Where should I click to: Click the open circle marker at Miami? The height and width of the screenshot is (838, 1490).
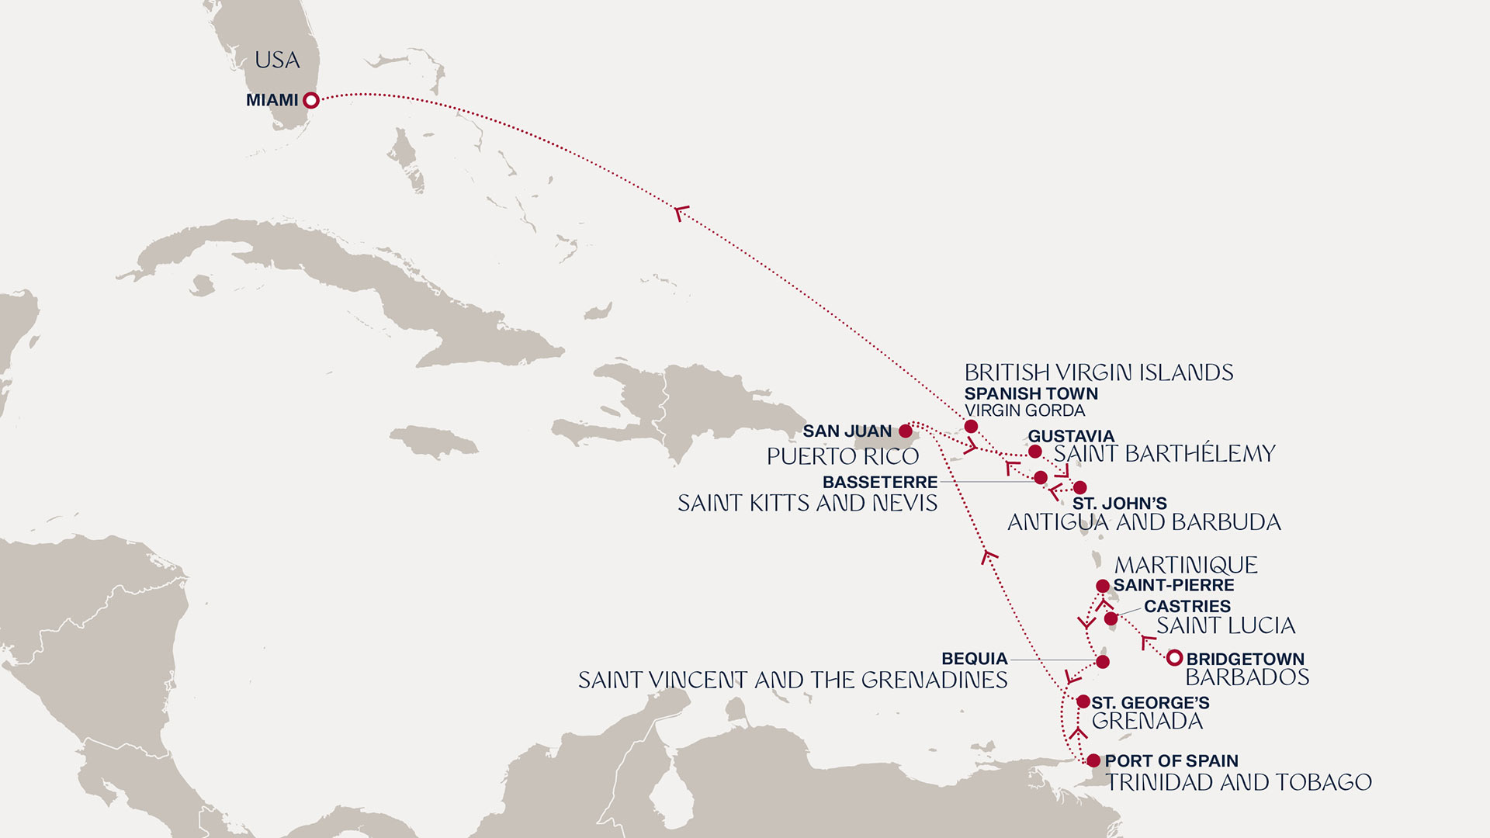[x=310, y=100]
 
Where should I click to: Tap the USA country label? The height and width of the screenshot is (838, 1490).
[x=277, y=61]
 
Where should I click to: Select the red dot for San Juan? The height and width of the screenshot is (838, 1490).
[x=905, y=431]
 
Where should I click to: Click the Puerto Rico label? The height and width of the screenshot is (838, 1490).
[x=843, y=456]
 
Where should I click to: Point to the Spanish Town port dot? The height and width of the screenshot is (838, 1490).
[x=971, y=426]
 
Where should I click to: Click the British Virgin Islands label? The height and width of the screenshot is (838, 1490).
[x=1098, y=372]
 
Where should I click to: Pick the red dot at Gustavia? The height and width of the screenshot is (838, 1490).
[x=1034, y=452]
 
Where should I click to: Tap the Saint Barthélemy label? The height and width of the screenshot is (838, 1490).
[x=1164, y=453]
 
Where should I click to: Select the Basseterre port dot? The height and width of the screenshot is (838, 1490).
[x=1041, y=477]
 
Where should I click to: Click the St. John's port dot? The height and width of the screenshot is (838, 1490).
[x=1079, y=487]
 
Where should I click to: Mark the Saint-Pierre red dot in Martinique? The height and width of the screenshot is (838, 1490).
[x=1102, y=586]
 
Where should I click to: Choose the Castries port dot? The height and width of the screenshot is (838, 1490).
[x=1111, y=618]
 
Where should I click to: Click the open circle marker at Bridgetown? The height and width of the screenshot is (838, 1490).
[x=1174, y=658]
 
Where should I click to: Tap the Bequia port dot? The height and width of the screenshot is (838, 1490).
[x=1102, y=662]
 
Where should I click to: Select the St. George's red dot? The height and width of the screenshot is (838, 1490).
[x=1083, y=701]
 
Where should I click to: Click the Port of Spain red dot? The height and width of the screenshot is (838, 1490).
[x=1093, y=760]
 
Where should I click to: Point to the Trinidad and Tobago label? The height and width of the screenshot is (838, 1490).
[x=1239, y=782]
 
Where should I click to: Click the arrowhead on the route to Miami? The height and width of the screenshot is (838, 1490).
[x=681, y=212]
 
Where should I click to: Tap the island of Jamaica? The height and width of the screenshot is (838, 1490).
[x=435, y=442]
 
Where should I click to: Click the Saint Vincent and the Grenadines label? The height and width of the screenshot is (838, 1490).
[x=792, y=680]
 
